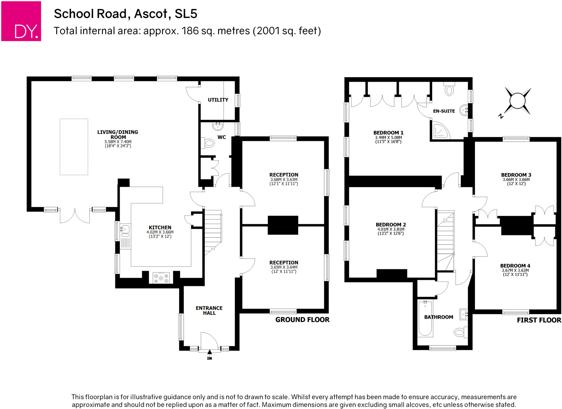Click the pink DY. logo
[21, 21]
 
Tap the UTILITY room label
[218, 100]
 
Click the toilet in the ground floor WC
[209, 143]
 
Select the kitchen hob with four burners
[161, 278]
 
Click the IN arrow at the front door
[209, 352]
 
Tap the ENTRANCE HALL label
[209, 310]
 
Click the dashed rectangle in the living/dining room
[74, 147]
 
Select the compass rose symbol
[517, 101]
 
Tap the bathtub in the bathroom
[425, 319]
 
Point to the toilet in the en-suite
[449, 90]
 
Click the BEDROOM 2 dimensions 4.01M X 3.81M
[391, 229]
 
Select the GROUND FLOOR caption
[302, 320]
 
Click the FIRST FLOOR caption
[539, 320]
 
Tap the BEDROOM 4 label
[515, 266]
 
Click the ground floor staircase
[213, 231]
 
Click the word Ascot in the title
[151, 14]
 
